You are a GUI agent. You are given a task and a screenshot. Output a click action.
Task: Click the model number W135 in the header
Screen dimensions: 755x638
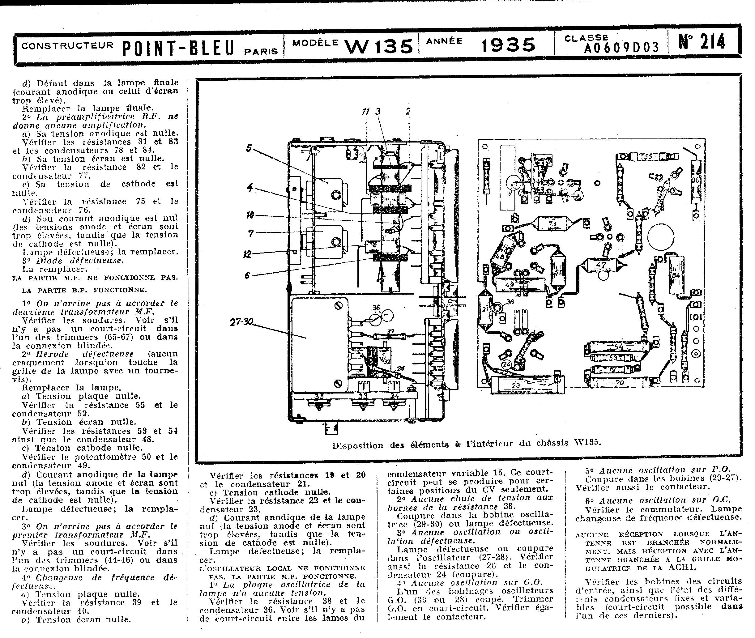(379, 46)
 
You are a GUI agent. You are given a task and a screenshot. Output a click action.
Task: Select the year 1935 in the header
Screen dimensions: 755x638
(508, 45)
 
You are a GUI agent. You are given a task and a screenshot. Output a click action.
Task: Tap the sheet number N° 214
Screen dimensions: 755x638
(702, 42)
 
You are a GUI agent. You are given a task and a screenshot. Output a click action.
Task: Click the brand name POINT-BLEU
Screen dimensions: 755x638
(179, 49)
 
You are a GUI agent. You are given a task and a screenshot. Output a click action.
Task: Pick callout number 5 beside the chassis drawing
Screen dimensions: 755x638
(249, 148)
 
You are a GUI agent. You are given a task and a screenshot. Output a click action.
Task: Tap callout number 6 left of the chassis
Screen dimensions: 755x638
(247, 275)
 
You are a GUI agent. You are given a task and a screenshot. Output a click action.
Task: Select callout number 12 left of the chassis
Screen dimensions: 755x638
(247, 254)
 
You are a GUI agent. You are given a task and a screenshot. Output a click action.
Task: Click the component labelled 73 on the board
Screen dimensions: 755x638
(552, 224)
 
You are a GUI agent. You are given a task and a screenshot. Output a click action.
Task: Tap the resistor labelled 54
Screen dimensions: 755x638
(619, 347)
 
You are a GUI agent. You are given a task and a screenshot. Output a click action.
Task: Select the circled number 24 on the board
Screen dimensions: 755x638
(506, 364)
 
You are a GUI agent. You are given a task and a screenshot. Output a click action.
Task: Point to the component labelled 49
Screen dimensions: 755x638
(510, 285)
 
